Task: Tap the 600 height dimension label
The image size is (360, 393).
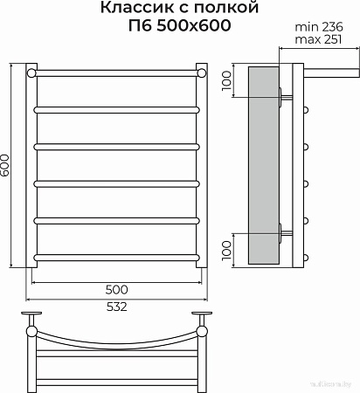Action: (x=7, y=164)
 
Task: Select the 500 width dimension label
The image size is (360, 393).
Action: (x=116, y=289)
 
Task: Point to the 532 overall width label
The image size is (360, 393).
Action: (x=116, y=306)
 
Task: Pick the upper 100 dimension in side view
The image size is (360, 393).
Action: (x=226, y=81)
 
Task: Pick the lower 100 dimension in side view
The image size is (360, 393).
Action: (x=226, y=249)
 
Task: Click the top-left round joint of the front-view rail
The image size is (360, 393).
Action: (x=33, y=72)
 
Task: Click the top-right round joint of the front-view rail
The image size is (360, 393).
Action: (x=202, y=72)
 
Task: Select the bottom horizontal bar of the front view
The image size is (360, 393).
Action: (x=117, y=258)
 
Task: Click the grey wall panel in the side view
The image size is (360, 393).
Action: (x=262, y=166)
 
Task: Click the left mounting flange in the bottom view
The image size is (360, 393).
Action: (x=33, y=315)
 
